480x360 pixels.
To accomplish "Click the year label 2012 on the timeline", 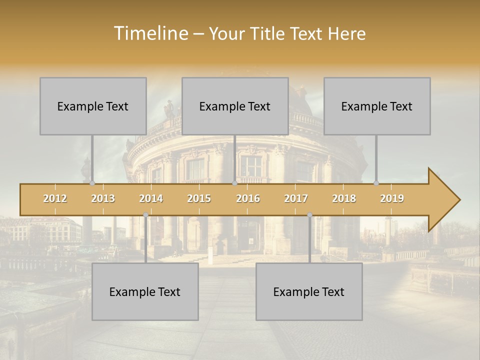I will [x=55, y=198].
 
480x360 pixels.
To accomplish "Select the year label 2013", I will [x=103, y=198].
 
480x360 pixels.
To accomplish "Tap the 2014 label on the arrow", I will [x=151, y=198].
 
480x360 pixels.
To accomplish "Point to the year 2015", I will [x=199, y=198].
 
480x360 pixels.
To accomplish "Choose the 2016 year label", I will [x=248, y=198].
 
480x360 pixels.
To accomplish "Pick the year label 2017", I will [x=296, y=198].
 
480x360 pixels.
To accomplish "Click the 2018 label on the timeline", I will [x=344, y=198].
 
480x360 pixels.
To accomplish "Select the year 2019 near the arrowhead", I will [x=392, y=198].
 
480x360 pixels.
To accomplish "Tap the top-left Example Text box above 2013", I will [x=93, y=106].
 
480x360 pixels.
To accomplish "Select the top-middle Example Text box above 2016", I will [x=235, y=106].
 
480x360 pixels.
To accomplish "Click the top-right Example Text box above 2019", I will [x=377, y=106].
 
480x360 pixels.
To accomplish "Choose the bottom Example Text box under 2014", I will [x=145, y=291].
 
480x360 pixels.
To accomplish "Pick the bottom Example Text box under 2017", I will [x=309, y=291].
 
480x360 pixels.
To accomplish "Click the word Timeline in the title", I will [x=150, y=33].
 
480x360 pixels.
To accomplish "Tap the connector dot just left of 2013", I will [x=92, y=183].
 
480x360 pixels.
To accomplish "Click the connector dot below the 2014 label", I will [x=145, y=215].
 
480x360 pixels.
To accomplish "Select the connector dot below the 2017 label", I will [x=309, y=215].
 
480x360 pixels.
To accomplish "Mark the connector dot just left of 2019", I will [x=376, y=183].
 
